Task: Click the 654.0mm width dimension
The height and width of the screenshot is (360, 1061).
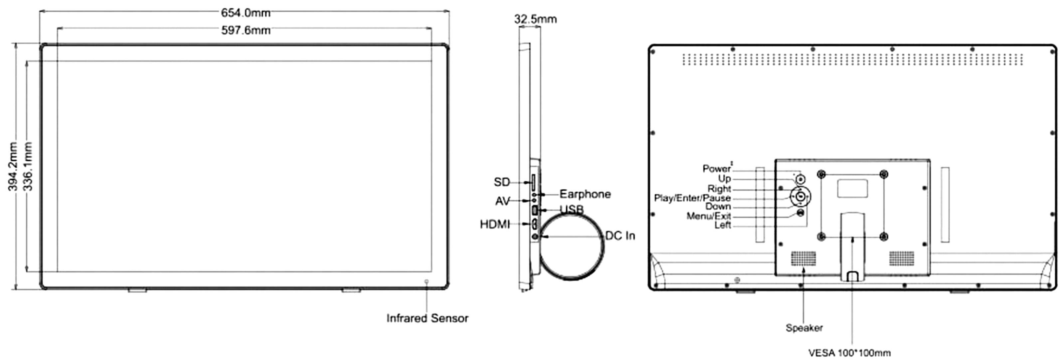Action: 246,13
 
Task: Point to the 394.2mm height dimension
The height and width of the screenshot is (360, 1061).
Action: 13,166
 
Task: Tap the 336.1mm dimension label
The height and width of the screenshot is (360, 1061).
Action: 28,166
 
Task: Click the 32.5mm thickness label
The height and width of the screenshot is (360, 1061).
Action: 535,19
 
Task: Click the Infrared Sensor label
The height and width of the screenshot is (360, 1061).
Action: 427,318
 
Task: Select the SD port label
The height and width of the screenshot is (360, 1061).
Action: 502,182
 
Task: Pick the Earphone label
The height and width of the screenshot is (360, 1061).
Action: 585,194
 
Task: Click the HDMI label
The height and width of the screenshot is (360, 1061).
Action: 495,224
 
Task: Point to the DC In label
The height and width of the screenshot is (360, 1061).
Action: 620,236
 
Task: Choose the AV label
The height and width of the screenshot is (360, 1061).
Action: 502,201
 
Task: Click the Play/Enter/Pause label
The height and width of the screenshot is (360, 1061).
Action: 692,198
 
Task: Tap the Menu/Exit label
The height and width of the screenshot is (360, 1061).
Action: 708,216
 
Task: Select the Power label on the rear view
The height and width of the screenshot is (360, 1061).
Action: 716,168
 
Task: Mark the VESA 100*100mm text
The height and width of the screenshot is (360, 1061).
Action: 849,353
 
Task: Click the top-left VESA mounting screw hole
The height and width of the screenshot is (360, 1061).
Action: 822,174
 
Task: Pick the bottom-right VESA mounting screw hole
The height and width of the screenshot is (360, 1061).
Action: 883,237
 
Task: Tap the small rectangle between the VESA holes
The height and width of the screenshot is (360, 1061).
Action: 852,188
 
